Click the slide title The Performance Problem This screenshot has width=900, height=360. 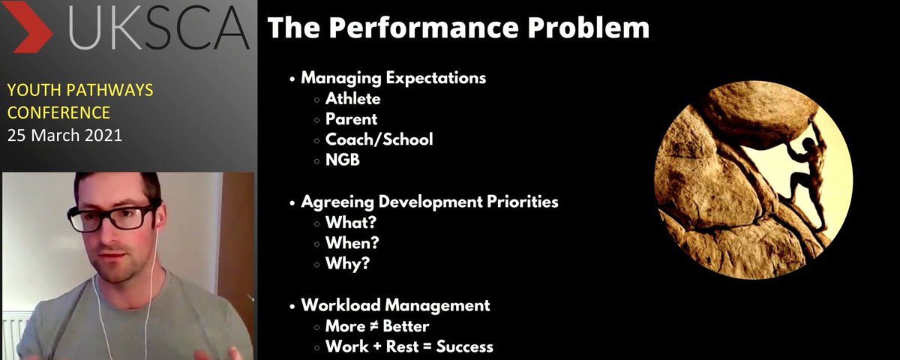point(458,28)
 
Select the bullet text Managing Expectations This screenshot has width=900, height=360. point(393,78)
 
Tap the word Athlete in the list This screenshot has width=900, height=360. point(352,98)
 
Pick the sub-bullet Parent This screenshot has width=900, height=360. point(351,118)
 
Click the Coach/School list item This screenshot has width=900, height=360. point(379,139)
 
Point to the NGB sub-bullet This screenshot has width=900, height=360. point(343,159)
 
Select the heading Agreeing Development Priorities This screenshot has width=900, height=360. point(429,202)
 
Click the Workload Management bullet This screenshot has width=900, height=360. point(395,305)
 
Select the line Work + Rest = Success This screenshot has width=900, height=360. point(409,346)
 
